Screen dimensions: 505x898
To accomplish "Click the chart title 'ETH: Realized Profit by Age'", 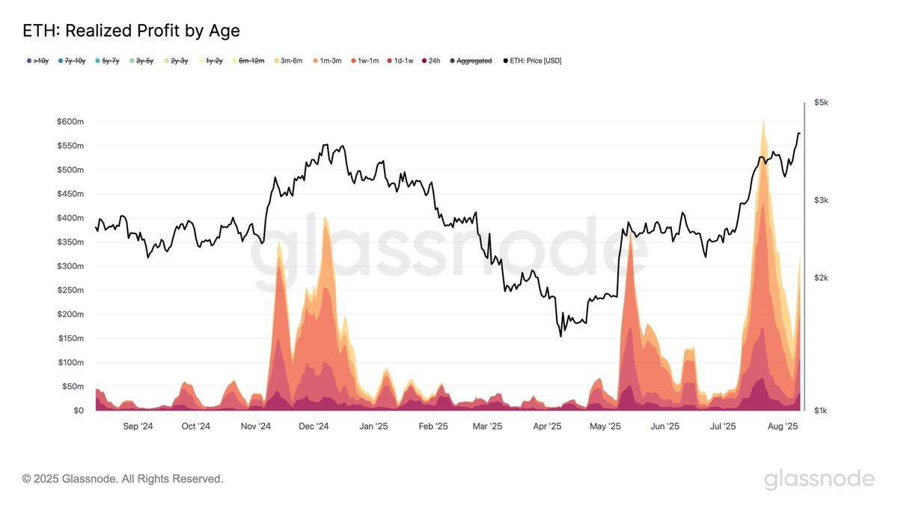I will click(131, 31).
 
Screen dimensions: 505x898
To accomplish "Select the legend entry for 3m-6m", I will click(291, 61).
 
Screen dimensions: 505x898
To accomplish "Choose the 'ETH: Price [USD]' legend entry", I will click(535, 61).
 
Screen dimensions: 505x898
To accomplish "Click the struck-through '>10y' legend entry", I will click(40, 61).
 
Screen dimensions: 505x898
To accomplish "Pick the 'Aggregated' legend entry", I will click(474, 61).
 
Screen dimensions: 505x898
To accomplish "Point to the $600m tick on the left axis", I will click(70, 121).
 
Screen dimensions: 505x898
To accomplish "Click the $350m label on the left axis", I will click(70, 242).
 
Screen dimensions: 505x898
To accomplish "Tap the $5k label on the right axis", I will click(821, 102).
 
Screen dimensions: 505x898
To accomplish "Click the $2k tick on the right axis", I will click(821, 278).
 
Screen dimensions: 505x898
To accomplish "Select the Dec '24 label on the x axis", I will click(314, 426).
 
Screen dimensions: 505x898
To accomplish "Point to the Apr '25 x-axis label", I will click(547, 426).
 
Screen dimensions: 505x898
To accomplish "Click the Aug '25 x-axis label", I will click(783, 426).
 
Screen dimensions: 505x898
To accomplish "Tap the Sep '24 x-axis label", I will click(138, 426).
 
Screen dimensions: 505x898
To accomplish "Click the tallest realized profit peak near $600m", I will click(763, 121).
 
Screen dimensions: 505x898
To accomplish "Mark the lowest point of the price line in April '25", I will click(561, 336).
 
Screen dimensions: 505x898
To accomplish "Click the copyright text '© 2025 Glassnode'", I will click(123, 479).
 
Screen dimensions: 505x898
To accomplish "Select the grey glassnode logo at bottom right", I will click(819, 479).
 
